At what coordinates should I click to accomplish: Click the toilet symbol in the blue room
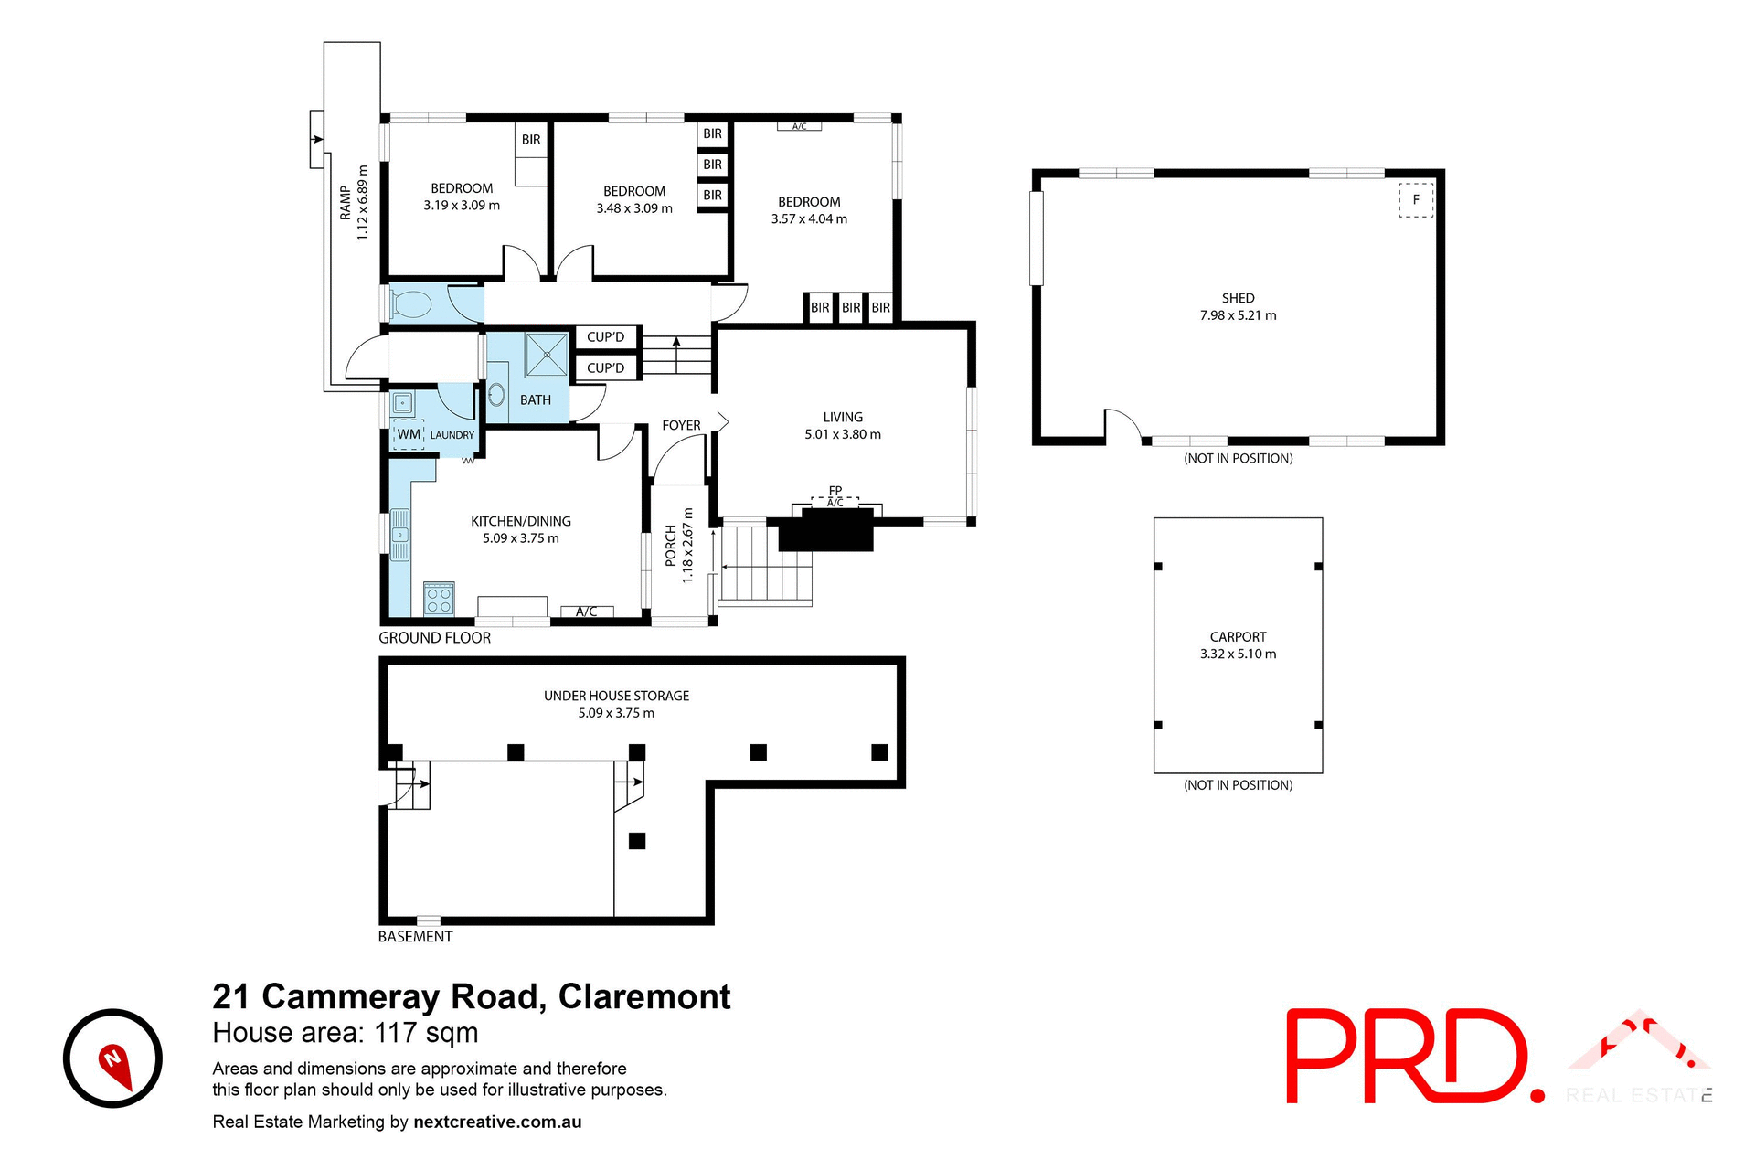click(411, 305)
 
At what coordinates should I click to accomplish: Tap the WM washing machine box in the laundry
click(409, 434)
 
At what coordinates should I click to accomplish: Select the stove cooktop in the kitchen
click(439, 599)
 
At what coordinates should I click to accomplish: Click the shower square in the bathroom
click(547, 355)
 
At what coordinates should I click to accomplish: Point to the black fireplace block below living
click(825, 530)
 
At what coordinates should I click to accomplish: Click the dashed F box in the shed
click(1416, 199)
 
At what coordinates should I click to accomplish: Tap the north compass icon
click(112, 1058)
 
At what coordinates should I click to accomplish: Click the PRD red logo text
click(1408, 1057)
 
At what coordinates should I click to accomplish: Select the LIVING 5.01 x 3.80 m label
click(843, 425)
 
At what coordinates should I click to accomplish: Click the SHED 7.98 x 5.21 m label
click(1238, 306)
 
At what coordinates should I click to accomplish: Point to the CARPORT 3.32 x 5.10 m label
click(1238, 644)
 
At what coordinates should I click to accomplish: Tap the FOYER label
click(681, 425)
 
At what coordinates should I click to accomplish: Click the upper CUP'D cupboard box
click(605, 337)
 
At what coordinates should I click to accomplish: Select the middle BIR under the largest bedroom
click(851, 308)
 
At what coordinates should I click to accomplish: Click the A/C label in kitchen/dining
click(587, 612)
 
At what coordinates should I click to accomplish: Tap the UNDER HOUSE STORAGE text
click(616, 696)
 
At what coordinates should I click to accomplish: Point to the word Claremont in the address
click(644, 996)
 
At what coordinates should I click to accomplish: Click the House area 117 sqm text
click(346, 1033)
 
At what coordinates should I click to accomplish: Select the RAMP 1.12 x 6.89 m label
click(354, 203)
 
